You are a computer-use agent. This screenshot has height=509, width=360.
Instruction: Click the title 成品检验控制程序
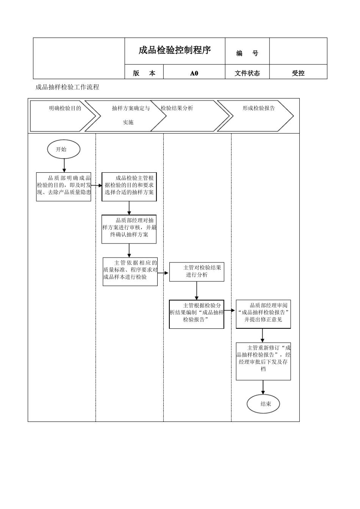pos(175,50)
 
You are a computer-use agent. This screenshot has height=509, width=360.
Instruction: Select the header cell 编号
pos(247,53)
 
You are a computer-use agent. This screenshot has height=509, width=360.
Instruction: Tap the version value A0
pos(194,73)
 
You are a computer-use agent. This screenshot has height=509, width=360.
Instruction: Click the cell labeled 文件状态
pos(247,73)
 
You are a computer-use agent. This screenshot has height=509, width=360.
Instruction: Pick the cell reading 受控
pos(298,73)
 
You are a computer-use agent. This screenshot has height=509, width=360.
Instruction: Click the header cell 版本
pos(144,73)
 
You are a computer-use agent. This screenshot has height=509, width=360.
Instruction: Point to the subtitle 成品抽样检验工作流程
pos(67,87)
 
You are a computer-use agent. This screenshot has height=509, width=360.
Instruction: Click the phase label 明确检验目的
pos(65,108)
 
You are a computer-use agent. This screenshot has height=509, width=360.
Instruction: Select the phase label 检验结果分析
pos(177,108)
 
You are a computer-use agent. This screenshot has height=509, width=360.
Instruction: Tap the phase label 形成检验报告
pos(259,108)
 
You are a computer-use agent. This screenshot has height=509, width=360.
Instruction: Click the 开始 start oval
pos(64,149)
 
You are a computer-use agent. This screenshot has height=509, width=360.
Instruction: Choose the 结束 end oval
pos(263,404)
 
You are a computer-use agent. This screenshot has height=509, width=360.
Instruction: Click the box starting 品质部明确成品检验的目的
pos(64,187)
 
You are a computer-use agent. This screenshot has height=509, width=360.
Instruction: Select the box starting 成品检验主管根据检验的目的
pos(129,187)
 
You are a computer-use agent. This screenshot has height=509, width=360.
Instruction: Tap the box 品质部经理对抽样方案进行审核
pos(129,229)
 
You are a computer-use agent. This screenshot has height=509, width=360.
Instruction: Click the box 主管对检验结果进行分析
pos(197,272)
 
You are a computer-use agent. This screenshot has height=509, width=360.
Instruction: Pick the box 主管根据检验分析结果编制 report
pos(197,314)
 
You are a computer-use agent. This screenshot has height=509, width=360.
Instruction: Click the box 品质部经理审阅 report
pos(263,314)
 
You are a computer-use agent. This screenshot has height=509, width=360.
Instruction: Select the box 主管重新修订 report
pos(263,361)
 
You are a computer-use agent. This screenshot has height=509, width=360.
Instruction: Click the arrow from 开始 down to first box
pos(64,165)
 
